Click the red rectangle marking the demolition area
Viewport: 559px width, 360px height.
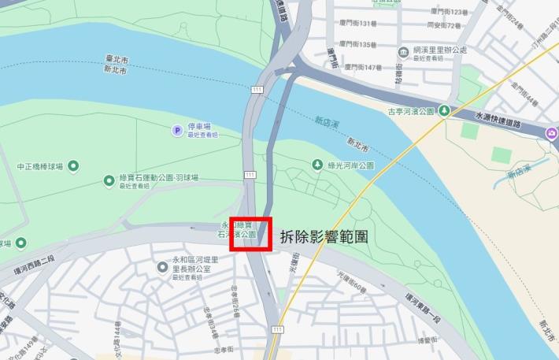(x=250, y=234)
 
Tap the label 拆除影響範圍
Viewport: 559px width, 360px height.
(x=324, y=236)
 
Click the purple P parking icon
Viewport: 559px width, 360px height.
(x=177, y=130)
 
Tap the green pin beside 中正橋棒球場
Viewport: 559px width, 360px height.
(x=73, y=165)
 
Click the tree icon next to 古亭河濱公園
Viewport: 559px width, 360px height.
(x=444, y=111)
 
